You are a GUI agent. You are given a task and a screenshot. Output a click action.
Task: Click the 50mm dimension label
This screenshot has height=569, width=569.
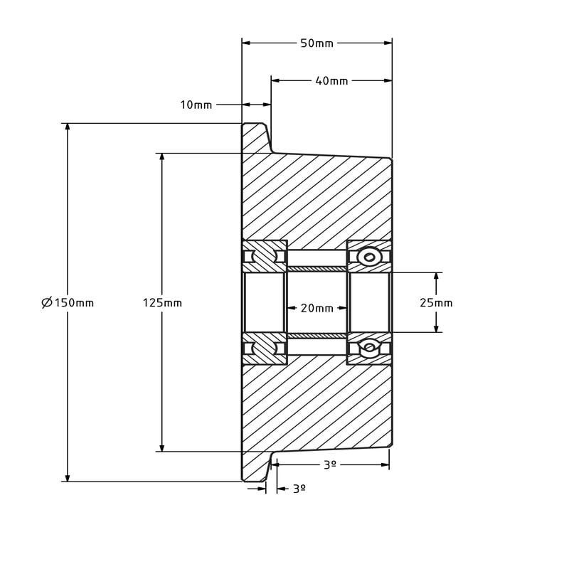(317, 43)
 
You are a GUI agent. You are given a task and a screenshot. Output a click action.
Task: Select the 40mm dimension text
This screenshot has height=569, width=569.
(331, 80)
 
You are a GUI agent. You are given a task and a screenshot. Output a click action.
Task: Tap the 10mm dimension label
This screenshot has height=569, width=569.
(196, 105)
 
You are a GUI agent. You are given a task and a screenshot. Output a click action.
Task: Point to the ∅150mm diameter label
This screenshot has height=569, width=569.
(68, 302)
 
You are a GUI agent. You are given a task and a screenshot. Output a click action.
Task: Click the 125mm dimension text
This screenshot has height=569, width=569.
(162, 302)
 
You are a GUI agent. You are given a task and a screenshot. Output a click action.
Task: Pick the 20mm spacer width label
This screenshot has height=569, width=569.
(317, 308)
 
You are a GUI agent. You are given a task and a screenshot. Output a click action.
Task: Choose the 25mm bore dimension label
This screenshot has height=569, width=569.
(436, 302)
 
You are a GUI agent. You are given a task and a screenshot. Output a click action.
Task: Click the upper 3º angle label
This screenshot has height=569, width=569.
(329, 464)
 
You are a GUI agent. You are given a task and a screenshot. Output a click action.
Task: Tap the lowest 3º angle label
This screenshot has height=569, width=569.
(299, 489)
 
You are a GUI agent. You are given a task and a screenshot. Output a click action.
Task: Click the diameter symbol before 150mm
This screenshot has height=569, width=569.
(47, 302)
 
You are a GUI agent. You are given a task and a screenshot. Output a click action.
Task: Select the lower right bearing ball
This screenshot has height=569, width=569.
(369, 348)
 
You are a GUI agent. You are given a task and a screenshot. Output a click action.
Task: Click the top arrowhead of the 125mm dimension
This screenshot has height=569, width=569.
(162, 157)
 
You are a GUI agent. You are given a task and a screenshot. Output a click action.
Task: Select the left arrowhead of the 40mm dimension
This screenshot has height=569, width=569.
(275, 80)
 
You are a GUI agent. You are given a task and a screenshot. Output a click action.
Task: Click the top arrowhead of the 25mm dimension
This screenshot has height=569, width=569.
(436, 277)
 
